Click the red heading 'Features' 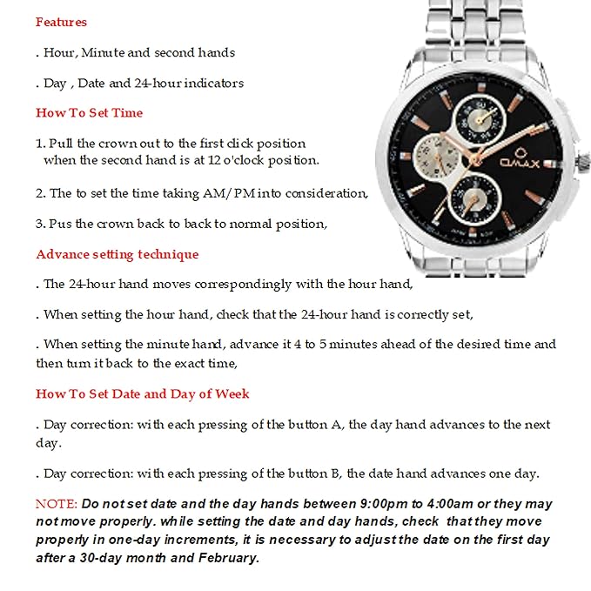[61, 22]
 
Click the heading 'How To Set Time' [89, 113]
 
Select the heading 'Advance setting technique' [117, 255]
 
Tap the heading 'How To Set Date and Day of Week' [142, 394]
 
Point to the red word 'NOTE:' [56, 504]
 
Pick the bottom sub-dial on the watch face [476, 194]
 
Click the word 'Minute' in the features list [103, 52]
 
